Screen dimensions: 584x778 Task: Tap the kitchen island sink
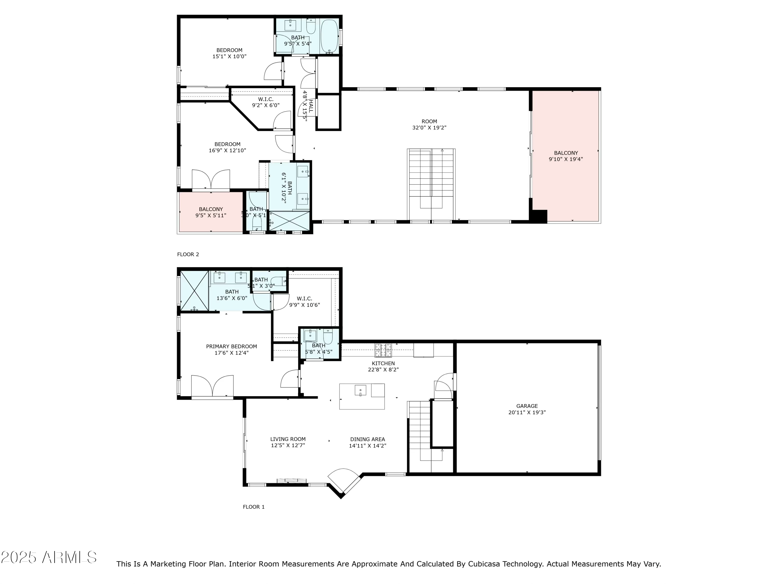[360, 391]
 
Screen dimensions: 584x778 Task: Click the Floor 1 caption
[254, 507]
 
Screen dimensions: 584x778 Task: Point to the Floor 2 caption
[188, 254]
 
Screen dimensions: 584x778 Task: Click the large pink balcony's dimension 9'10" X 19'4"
[566, 159]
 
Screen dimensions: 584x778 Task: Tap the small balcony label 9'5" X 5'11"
[211, 215]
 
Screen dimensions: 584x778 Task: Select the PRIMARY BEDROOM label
[231, 347]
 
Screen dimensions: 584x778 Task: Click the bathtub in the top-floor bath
[329, 36]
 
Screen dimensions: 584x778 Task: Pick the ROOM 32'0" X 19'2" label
[429, 125]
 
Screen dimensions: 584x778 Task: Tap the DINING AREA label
[367, 439]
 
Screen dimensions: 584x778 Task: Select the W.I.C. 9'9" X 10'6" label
[304, 302]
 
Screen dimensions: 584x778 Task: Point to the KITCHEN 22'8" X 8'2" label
[383, 366]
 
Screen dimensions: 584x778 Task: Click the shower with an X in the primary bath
[195, 290]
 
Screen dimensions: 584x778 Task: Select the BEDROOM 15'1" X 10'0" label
[229, 53]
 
